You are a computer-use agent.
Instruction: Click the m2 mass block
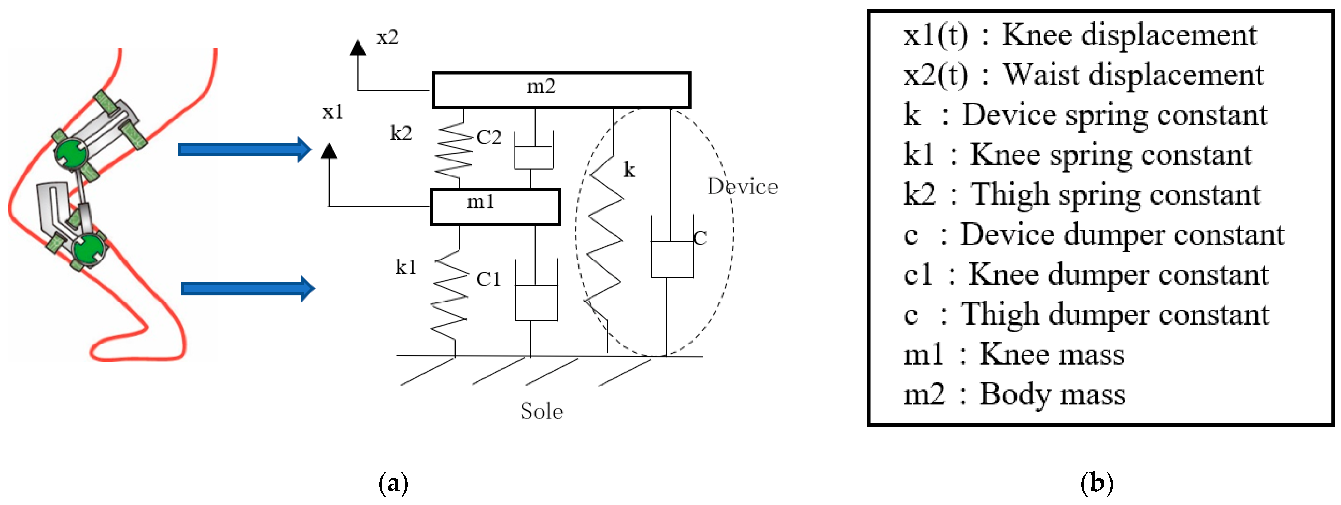point(561,90)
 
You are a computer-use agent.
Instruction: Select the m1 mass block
point(495,207)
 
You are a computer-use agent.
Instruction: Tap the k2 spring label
point(401,133)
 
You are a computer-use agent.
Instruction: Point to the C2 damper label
point(489,137)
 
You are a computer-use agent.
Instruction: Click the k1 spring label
point(405,267)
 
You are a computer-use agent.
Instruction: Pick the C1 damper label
point(488,280)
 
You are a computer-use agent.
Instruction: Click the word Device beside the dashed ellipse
point(742,186)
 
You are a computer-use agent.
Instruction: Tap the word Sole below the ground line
point(542,411)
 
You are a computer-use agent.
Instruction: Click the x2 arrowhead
point(357,48)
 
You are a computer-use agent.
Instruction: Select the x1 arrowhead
point(329,151)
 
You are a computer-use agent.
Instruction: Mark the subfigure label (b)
point(1097,484)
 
